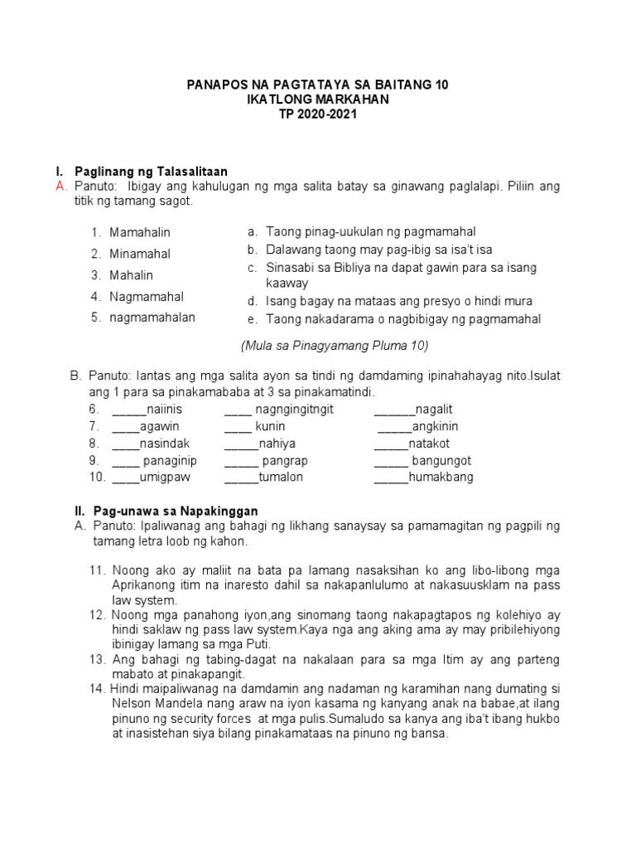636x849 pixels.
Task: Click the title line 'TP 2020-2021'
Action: point(318,114)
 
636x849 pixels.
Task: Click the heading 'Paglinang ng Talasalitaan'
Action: point(151,172)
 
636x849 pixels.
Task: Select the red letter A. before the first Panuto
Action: point(60,187)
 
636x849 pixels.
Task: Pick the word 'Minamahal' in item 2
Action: point(139,254)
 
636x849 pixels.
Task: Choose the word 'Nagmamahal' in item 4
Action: point(147,297)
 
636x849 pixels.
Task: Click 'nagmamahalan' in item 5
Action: point(152,318)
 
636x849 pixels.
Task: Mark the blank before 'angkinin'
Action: point(394,427)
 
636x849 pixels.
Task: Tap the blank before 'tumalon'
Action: point(241,477)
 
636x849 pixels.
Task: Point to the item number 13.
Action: point(98,659)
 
